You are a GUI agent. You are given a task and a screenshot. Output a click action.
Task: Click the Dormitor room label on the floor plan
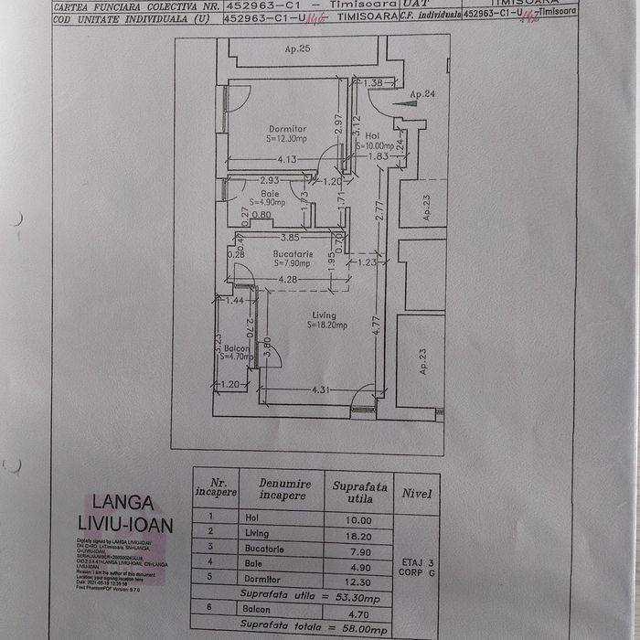click(x=287, y=129)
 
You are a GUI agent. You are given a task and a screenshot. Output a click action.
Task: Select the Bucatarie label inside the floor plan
click(x=293, y=254)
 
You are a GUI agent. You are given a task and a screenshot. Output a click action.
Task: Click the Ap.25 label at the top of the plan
click(x=298, y=48)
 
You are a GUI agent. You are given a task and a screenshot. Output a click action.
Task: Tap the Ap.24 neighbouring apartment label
click(x=421, y=94)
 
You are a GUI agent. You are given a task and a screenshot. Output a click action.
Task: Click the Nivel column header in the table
click(x=416, y=494)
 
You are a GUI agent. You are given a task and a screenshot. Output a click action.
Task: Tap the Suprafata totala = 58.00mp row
click(x=315, y=630)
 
